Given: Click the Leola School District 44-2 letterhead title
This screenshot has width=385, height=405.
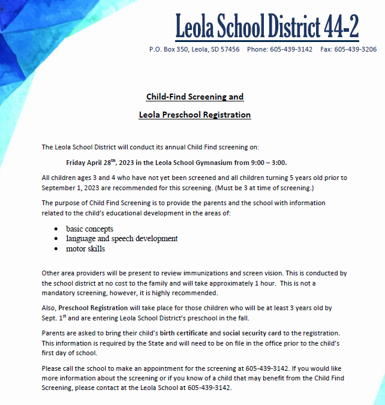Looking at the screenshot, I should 267,26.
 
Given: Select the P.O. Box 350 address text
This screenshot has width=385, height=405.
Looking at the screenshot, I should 169,49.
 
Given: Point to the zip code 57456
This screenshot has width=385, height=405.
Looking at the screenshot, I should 229,49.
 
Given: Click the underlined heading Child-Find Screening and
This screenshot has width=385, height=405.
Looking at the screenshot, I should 195,97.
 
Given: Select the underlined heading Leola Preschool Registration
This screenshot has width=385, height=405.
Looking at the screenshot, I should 195,115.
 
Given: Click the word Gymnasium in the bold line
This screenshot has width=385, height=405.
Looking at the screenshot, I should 212,162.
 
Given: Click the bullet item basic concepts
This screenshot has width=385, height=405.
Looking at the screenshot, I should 89,229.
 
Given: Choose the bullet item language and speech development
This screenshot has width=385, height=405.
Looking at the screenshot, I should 122,238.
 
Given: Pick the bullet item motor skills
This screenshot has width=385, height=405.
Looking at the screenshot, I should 85,248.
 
